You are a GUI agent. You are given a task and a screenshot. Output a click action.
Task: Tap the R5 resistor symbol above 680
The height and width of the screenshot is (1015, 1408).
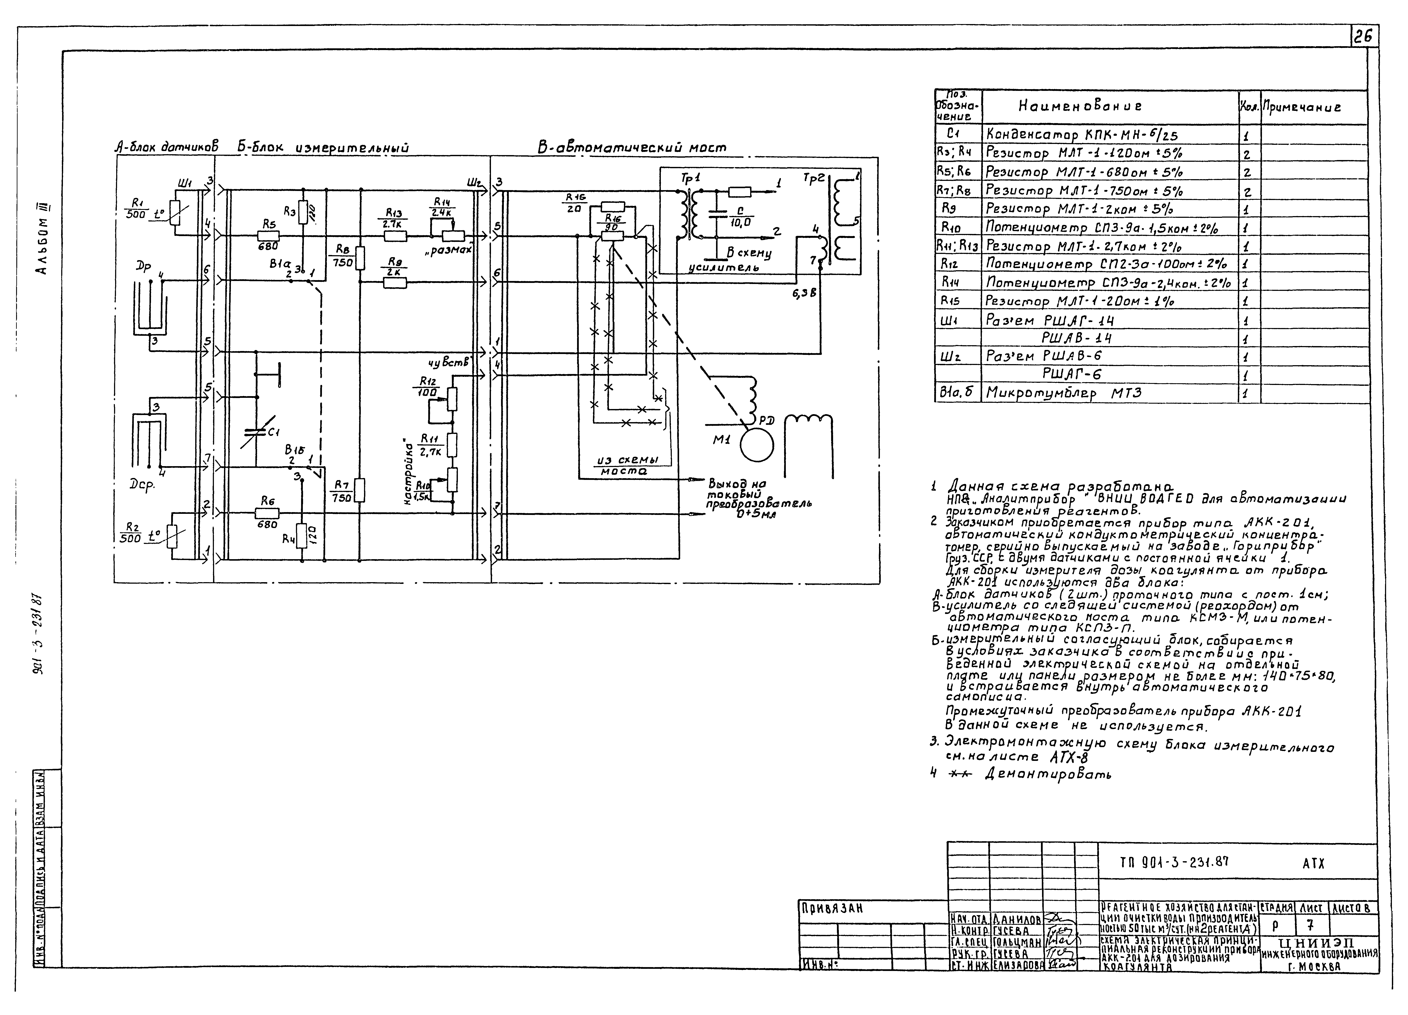(268, 236)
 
